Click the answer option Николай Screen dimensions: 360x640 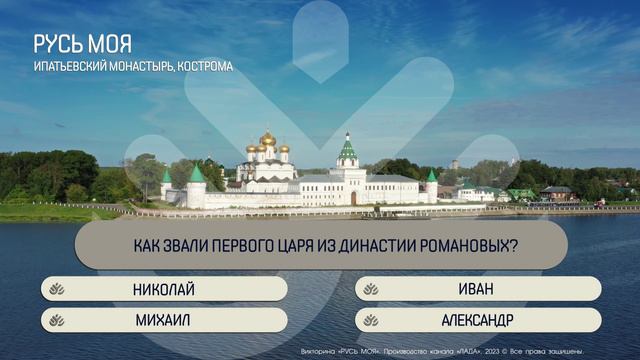pos(164,290)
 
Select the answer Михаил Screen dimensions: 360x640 pos(164,320)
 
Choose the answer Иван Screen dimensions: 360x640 pos(477,290)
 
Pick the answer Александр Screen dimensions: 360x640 pos(477,320)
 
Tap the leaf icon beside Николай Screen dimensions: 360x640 pos(57,290)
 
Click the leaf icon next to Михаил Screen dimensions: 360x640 pos(57,320)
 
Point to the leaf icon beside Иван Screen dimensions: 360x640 pos(371,290)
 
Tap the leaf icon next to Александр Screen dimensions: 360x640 pos(371,320)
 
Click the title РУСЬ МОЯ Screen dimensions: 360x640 pos(82,45)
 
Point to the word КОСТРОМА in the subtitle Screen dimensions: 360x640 pos(205,67)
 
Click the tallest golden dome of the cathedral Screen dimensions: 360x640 pos(267,138)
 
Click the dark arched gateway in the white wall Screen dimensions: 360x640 pos(353,198)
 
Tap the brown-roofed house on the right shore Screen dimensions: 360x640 pos(556,191)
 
